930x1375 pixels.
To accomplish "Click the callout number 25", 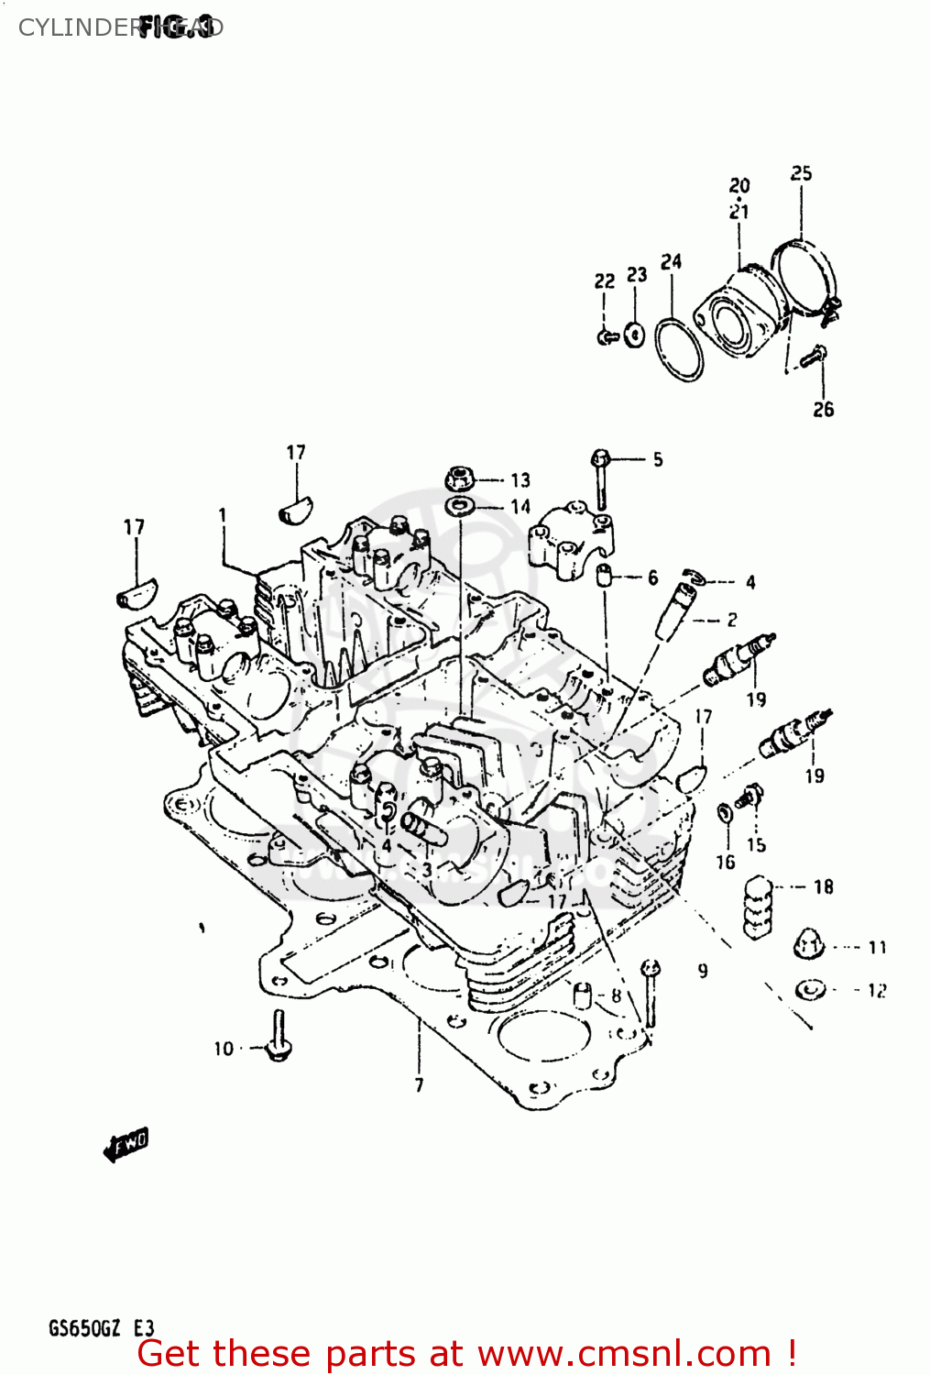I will [801, 173].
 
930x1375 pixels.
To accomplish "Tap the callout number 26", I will [823, 410].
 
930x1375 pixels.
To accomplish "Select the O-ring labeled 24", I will [680, 349].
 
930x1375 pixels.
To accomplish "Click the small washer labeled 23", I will [634, 335].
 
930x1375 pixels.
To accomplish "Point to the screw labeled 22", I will [605, 337].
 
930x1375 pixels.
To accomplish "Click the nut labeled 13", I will [459, 478].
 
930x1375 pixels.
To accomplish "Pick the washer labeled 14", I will [459, 506].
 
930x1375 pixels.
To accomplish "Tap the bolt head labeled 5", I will [601, 457].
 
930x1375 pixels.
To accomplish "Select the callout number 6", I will [652, 577].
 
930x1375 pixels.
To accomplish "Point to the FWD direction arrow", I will [126, 1144].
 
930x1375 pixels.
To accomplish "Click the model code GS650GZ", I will [84, 1328].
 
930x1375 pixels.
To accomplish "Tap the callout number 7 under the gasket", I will [419, 1085].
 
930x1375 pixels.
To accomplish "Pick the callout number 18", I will [823, 886].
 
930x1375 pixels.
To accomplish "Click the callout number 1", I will [222, 515].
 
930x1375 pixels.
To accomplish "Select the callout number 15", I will [756, 844].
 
